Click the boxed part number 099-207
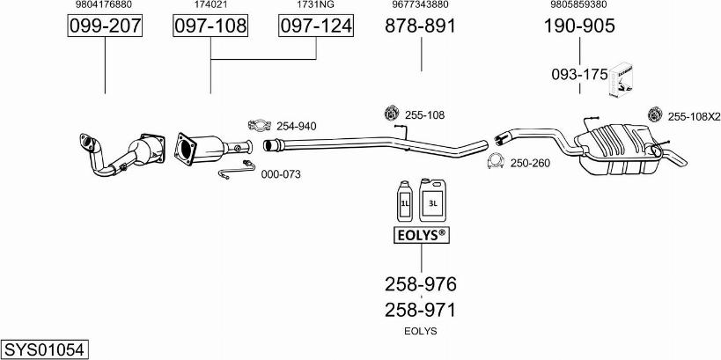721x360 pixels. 105,27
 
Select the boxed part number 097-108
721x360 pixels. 210,27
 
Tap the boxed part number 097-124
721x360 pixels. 316,27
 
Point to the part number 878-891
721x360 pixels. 421,26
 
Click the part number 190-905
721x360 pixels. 579,26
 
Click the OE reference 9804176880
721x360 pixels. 105,5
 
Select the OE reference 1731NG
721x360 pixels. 316,5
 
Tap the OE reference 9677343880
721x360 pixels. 421,5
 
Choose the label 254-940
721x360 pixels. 296,126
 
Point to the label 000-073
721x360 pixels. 281,174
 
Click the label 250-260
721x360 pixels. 530,163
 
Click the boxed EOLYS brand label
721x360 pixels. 421,235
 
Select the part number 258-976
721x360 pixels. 421,284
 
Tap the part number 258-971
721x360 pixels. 421,309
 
